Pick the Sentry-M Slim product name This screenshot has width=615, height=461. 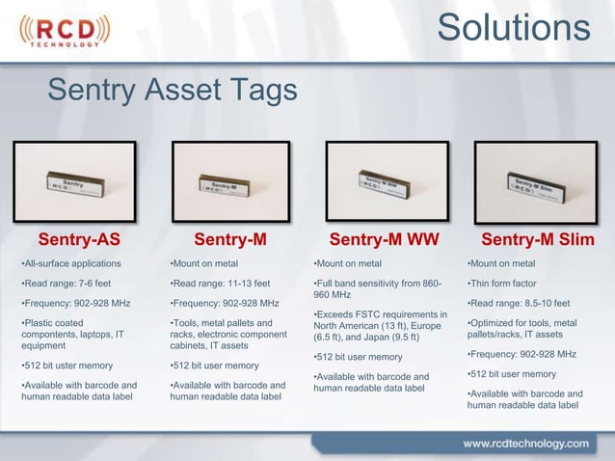pos(537,239)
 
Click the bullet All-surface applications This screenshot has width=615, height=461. pos(72,263)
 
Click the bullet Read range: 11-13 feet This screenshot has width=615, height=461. pos(219,284)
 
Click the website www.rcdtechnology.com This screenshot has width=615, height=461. pos(525,444)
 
